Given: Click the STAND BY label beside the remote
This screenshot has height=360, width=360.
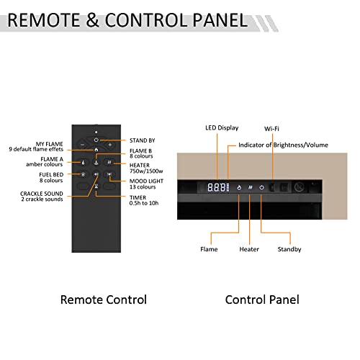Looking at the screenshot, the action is pos(143,140).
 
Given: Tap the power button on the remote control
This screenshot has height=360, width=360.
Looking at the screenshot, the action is pos(96,140).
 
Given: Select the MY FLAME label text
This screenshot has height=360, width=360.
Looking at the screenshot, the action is pos(49,144).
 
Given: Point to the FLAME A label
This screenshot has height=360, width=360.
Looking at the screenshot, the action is pos(52,159).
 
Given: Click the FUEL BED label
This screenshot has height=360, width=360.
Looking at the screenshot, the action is pos(51,174).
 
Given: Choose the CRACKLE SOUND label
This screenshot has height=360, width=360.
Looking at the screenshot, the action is pos(42,194).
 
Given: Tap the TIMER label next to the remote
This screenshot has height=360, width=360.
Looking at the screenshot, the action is pos(138,197).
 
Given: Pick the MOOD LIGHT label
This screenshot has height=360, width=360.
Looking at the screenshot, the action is pos(146,181).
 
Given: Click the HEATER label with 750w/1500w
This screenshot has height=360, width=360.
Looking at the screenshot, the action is pos(146,168).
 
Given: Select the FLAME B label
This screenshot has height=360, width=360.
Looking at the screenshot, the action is pos(140,150).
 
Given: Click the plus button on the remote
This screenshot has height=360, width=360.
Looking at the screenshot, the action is pos(110,145).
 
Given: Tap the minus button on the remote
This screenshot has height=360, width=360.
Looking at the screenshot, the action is pos(82,145).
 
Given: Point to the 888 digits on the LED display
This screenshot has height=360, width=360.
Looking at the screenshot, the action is pos(217,187).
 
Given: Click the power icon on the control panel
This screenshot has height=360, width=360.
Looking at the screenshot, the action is pos(261,187).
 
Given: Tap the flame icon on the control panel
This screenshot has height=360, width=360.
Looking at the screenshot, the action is pos(239,187).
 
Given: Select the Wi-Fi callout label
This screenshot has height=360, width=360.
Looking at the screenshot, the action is pos(271,129).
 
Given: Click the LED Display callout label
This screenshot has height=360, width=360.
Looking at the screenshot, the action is pos(222,128).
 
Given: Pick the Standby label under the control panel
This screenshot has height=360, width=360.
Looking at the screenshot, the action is pos(289,249).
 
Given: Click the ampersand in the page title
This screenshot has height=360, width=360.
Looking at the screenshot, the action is pos(92,20).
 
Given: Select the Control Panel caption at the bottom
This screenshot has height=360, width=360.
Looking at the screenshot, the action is pos(262,300).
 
